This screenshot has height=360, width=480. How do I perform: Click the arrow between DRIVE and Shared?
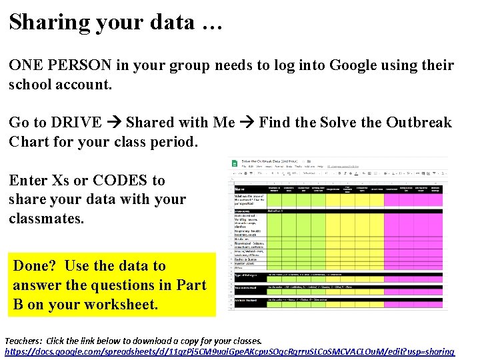[x=113, y=123]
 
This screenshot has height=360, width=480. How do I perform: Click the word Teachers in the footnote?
[x=26, y=340]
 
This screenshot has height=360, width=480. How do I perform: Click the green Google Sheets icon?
[x=234, y=163]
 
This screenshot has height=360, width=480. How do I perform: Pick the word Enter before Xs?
[x=28, y=181]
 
